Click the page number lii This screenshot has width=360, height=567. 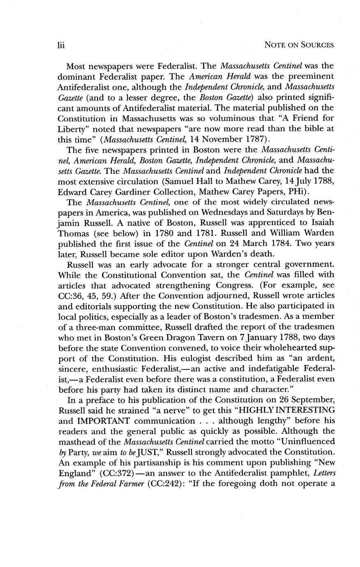click(x=61, y=44)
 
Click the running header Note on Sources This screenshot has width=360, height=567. click(x=299, y=44)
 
